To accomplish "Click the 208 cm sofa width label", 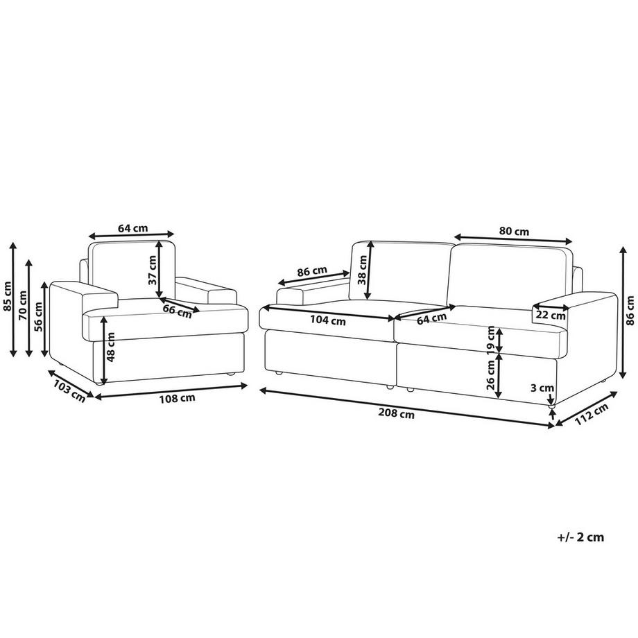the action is [x=396, y=413].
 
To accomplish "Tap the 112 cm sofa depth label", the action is [x=592, y=414].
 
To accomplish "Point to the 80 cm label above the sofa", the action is [x=514, y=232].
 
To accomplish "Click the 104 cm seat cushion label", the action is [x=328, y=320].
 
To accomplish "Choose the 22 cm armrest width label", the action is [x=551, y=315].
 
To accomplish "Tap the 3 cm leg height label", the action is [x=543, y=388].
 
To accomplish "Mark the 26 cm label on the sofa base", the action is [x=491, y=374].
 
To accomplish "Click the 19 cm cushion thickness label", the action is [x=491, y=338].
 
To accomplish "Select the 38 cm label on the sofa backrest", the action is [x=362, y=269].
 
